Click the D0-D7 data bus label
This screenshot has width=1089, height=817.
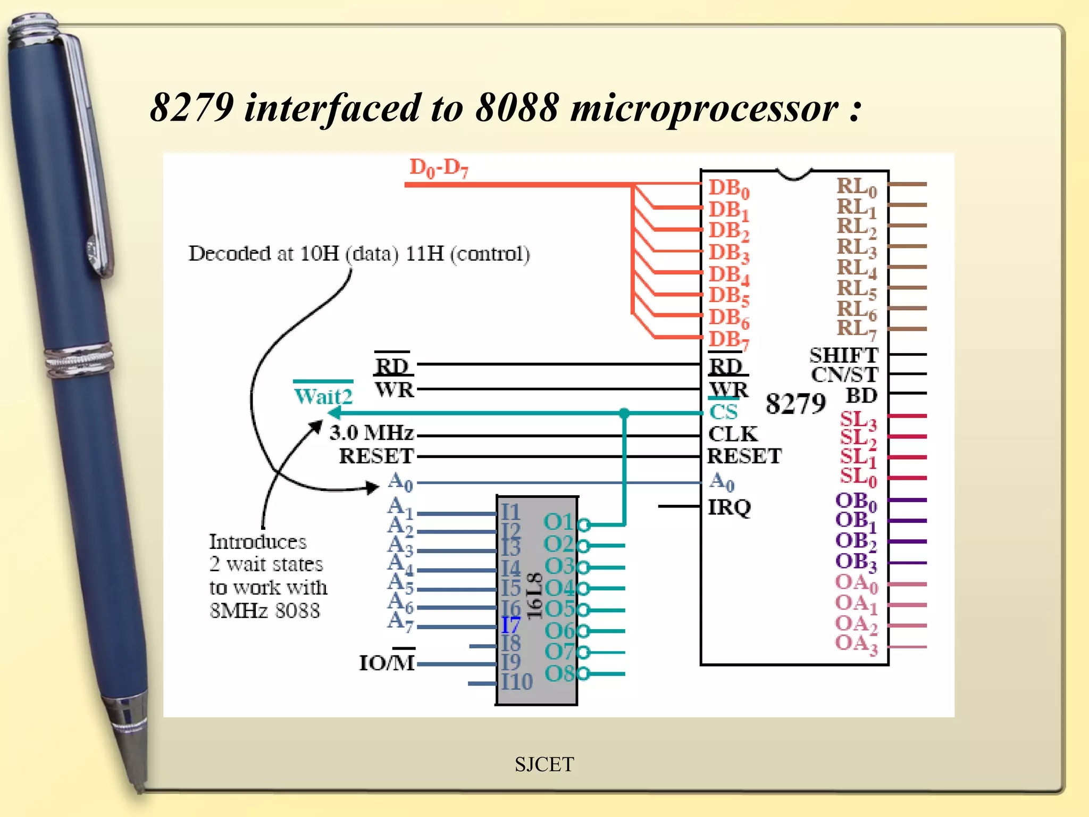coord(439,168)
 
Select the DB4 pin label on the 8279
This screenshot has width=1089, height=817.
coord(728,275)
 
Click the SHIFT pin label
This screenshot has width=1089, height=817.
coord(843,355)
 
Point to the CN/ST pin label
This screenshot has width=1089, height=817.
coord(844,375)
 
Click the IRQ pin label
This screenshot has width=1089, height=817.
coord(729,507)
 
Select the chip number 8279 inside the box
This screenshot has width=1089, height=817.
coord(795,404)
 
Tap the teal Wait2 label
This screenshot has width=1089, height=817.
coord(323,397)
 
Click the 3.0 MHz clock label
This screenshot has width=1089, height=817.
coord(371,433)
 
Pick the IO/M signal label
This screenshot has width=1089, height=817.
coord(387,663)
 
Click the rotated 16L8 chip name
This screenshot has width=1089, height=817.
coord(534,596)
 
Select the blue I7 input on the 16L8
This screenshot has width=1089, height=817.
coord(510,624)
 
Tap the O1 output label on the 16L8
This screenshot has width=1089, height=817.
coord(558,522)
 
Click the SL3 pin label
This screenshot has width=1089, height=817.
coord(858,420)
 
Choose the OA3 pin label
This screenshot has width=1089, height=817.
coord(856,644)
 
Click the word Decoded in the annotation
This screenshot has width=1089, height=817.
coord(230,254)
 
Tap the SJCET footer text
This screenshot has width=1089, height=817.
coord(544,764)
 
